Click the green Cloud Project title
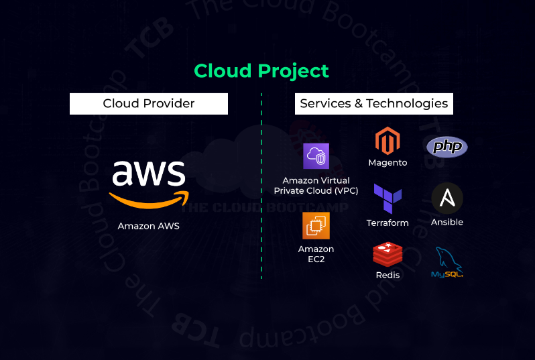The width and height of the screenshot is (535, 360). pyautogui.click(x=261, y=70)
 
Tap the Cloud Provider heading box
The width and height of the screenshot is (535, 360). pyautogui.click(x=149, y=104)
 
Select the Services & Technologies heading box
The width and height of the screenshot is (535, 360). pyautogui.click(x=373, y=104)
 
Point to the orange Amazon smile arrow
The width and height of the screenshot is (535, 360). pyautogui.click(x=148, y=200)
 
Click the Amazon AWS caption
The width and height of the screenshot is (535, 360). pyautogui.click(x=148, y=226)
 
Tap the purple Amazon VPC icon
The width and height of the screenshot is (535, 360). pyautogui.click(x=316, y=156)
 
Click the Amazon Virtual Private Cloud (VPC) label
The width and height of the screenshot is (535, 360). pyautogui.click(x=316, y=186)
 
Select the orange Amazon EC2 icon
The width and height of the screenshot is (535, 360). pyautogui.click(x=316, y=225)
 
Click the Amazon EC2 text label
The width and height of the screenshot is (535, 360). pyautogui.click(x=316, y=254)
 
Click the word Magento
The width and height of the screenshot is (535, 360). pyautogui.click(x=388, y=163)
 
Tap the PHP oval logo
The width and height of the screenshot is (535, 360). pyautogui.click(x=447, y=146)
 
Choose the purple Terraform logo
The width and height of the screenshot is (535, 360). pyautogui.click(x=388, y=198)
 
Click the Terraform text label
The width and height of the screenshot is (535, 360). pyautogui.click(x=388, y=223)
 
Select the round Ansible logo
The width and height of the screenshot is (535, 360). pyautogui.click(x=447, y=198)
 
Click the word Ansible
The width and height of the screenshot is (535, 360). pyautogui.click(x=447, y=222)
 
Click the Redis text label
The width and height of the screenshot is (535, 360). pyautogui.click(x=388, y=275)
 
